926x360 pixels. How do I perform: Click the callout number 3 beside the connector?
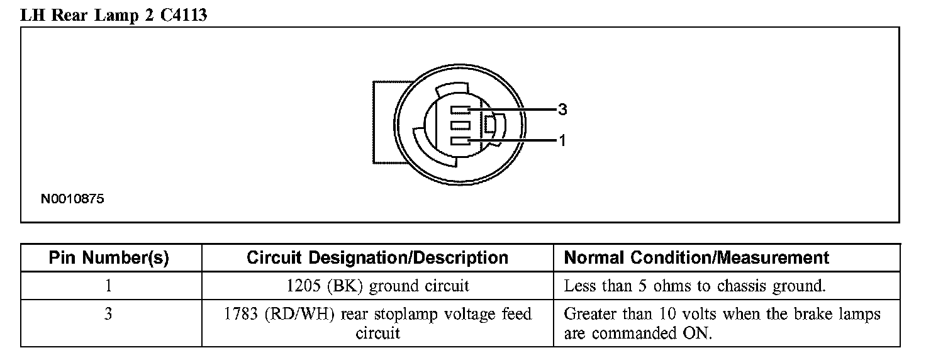pos(562,110)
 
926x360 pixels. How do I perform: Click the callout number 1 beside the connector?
pos(562,141)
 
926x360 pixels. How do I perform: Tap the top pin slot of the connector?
pos(460,110)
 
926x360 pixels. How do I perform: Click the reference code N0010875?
pos(72,200)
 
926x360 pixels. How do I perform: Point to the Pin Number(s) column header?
pos(109,258)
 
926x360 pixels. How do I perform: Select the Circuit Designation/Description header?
pos(377,258)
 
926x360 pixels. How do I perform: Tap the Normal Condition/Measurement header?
pos(696,258)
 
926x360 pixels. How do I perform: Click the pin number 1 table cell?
pos(108,286)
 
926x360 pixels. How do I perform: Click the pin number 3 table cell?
pos(108,314)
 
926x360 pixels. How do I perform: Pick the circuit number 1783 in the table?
pos(243,314)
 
